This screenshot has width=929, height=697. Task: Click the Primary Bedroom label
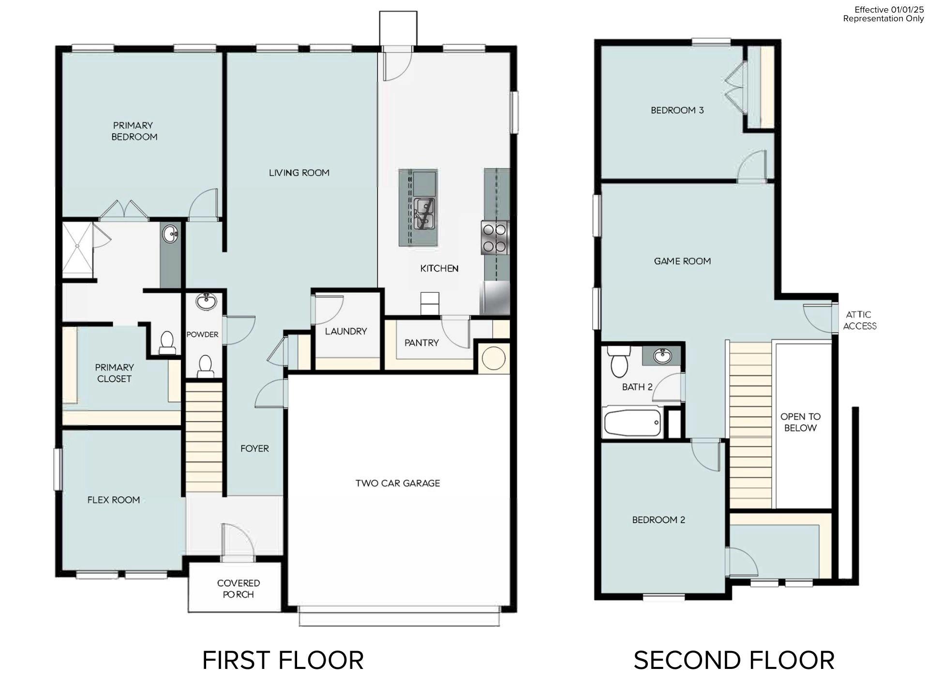[134, 131]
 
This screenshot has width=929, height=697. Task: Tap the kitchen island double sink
[424, 213]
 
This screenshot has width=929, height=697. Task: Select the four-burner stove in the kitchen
[494, 238]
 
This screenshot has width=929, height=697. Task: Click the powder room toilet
[206, 365]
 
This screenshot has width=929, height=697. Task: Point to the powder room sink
[207, 303]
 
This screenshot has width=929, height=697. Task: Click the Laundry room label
[346, 332]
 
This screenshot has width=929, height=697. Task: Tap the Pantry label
[421, 343]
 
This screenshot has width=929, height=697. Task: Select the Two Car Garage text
[398, 483]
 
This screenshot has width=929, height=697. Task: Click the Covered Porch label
[239, 589]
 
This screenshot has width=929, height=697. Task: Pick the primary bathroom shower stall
[77, 250]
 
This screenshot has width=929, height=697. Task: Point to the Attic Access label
[859, 320]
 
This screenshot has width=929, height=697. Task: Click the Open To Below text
[800, 422]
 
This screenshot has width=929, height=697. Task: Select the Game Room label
[682, 261]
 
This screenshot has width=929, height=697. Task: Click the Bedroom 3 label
[677, 110]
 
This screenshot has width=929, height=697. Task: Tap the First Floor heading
[283, 660]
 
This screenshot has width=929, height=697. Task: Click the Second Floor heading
[734, 660]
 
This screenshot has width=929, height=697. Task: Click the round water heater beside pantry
[494, 359]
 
